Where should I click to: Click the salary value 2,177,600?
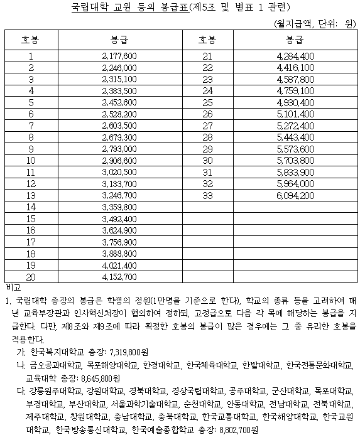(119, 56)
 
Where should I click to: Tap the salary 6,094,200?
(295, 195)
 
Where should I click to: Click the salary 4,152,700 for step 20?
(119, 276)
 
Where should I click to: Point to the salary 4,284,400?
(295, 56)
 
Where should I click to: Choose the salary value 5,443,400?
(295, 137)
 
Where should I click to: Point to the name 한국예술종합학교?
(163, 431)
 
